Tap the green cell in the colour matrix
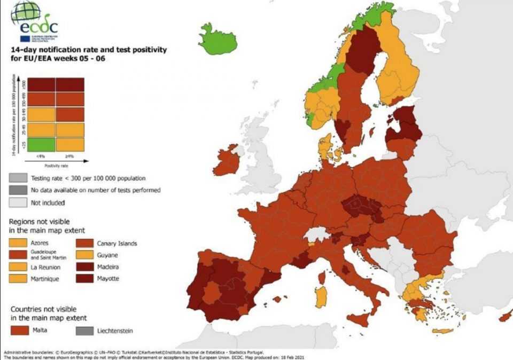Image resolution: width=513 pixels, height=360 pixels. (42, 144)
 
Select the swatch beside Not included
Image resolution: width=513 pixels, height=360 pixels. (18, 202)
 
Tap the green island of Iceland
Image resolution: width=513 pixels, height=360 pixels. (217, 40)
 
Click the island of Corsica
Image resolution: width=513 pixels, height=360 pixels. (322, 278)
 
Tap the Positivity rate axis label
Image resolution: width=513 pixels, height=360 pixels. (55, 165)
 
